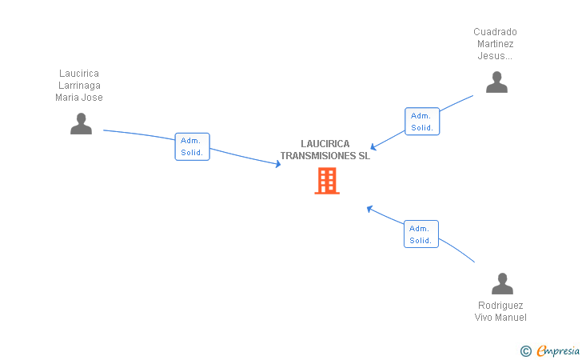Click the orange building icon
coord(326,181)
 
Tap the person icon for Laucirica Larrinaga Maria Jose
coord(81,123)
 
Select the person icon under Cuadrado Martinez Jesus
coord(496,82)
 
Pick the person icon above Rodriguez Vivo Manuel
coord(502,283)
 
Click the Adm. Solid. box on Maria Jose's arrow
coord(192,146)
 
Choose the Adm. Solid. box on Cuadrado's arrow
coord(422,122)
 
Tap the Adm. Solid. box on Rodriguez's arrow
coord(421,234)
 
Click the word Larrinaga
coord(79,86)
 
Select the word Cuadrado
coord(495,32)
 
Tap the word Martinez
coord(495,44)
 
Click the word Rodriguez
coord(500,306)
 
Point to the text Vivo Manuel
coord(500,318)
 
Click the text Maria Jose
coord(79,98)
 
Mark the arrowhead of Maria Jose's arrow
coord(278,164)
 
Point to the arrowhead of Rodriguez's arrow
coord(369,208)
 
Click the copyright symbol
coord(525,350)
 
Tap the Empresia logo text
coord(556,350)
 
